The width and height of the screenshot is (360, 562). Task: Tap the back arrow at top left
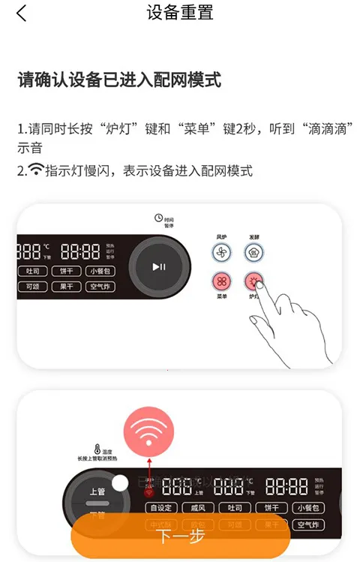click(21, 14)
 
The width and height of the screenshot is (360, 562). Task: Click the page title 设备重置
click(180, 13)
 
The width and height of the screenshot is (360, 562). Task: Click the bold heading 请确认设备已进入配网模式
click(119, 80)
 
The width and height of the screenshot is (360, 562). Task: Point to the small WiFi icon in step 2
click(36, 170)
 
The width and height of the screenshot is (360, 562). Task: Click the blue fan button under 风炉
click(221, 254)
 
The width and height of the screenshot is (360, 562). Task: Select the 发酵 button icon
click(255, 254)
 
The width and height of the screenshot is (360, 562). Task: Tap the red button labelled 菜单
click(221, 282)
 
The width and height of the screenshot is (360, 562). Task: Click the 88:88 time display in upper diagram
click(80, 251)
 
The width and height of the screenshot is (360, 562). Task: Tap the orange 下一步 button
click(180, 537)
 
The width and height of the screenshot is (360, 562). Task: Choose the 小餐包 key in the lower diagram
click(308, 507)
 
